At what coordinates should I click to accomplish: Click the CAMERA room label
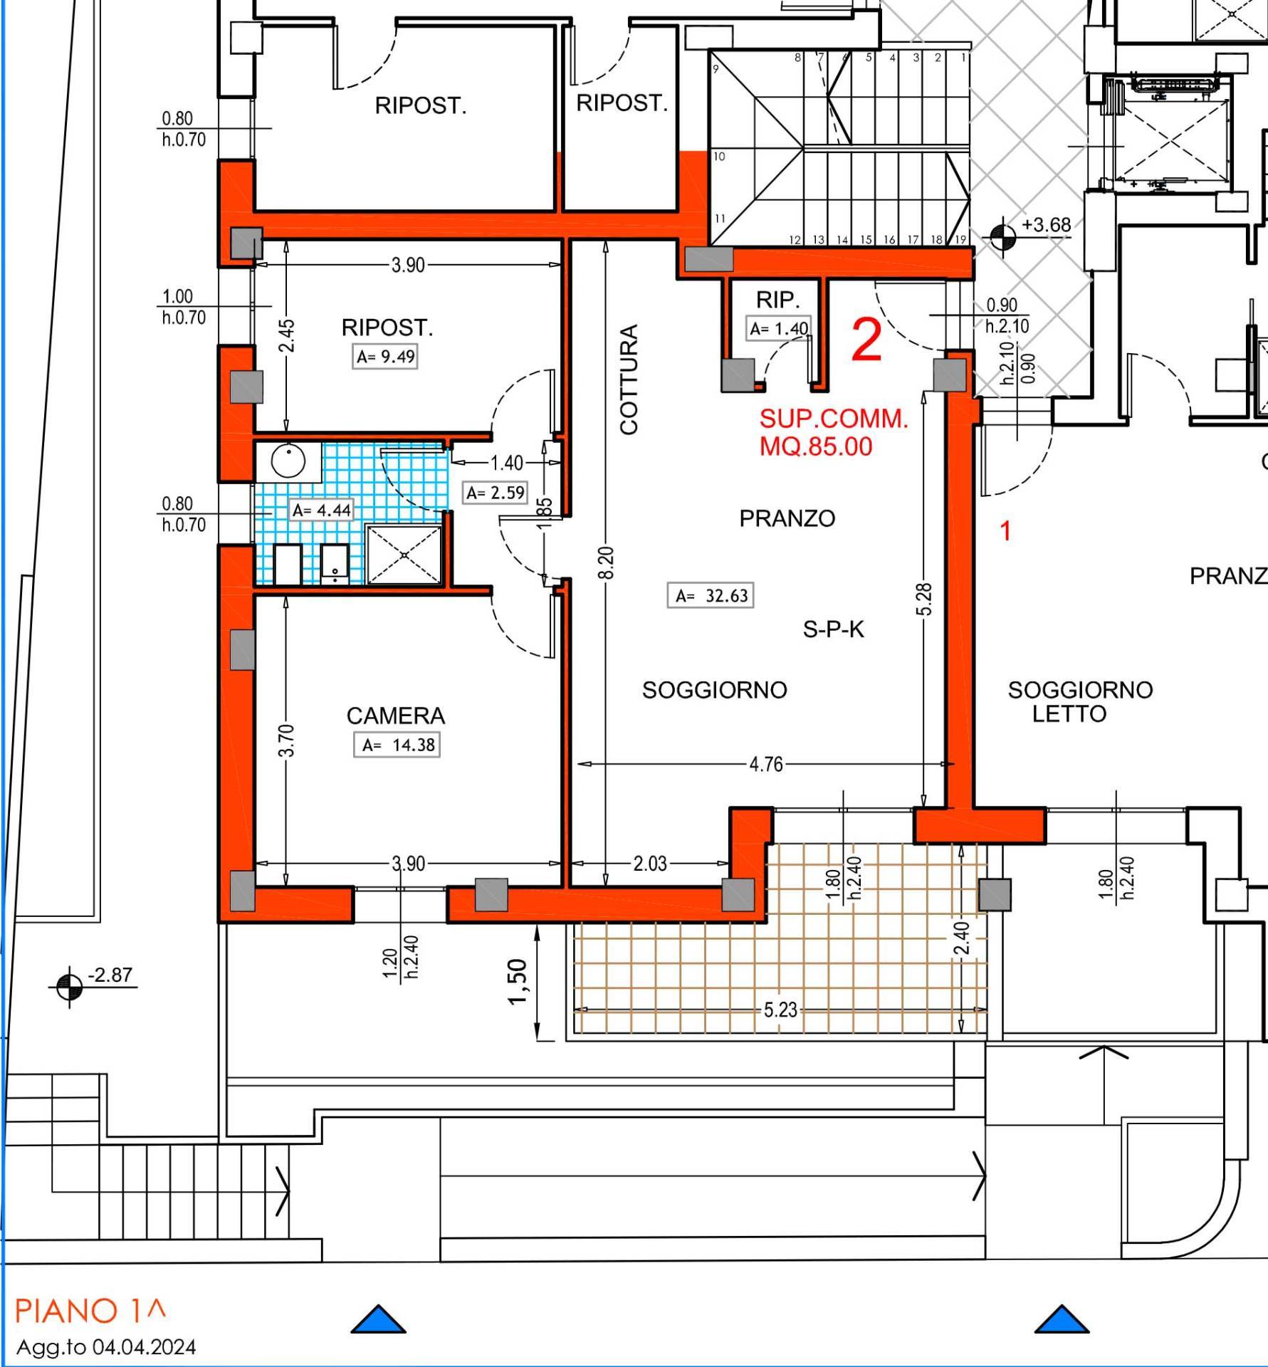coord(396,716)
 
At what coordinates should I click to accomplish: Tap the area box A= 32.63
coord(711,595)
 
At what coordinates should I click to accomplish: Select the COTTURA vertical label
coord(629,379)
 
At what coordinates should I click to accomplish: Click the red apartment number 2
coord(866,340)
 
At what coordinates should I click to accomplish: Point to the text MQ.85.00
coord(816,446)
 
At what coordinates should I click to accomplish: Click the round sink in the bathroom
coord(288,461)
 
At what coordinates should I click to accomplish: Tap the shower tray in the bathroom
coord(404,555)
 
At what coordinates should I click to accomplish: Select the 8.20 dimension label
coord(606,562)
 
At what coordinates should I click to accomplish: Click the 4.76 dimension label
coord(765,764)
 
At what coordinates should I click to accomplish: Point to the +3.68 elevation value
coord(1046,225)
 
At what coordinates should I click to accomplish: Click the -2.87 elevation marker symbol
coord(69,987)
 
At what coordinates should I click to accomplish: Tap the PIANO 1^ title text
coord(90,1311)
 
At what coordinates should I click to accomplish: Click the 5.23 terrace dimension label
coord(780,1010)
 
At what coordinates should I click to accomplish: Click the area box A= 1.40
coord(779,328)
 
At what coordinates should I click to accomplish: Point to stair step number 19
coord(960,240)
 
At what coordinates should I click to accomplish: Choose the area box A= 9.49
coord(385,356)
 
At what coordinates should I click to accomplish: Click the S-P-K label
coord(833,629)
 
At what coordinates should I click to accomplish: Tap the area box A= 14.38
coord(397,745)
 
